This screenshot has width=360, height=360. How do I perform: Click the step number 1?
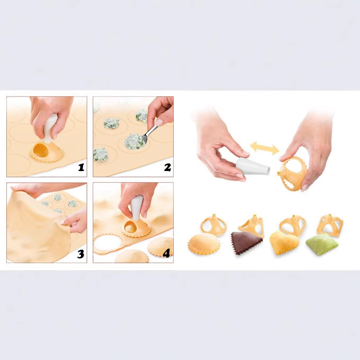(81, 167)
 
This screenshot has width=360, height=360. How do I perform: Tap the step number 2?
(167, 167)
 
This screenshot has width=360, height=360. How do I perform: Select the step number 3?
(80, 254)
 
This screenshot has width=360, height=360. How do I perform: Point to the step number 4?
(166, 253)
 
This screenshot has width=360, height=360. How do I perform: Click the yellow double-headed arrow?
(265, 148)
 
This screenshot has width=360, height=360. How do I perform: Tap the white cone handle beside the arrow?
(252, 166)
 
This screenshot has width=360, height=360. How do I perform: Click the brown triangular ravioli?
(246, 243)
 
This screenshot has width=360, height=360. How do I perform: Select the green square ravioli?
(322, 244)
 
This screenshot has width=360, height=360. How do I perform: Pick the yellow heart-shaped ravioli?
(284, 243)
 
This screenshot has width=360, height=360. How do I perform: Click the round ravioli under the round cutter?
(204, 244)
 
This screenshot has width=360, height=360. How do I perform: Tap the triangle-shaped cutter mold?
(252, 226)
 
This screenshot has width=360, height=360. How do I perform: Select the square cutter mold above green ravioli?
(330, 225)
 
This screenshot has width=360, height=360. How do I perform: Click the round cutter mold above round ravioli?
(213, 225)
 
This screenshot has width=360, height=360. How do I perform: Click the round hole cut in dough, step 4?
(107, 244)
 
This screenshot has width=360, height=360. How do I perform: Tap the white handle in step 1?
(50, 128)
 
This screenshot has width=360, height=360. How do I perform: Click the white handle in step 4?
(137, 208)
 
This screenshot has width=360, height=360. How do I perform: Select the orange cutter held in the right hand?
(292, 174)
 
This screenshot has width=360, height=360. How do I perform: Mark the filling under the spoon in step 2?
(135, 141)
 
